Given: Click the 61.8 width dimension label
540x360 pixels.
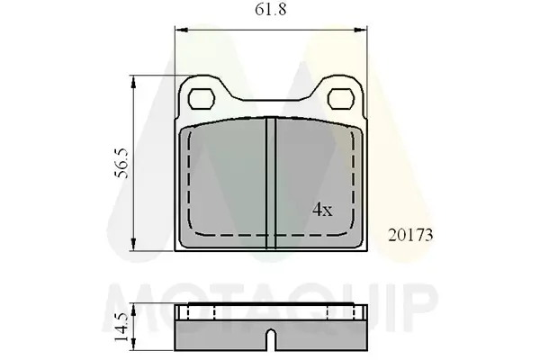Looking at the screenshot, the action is pos(270,10).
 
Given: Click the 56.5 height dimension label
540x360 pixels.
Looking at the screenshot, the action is pos(122,163).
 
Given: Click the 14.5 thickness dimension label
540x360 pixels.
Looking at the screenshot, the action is pos(121,327).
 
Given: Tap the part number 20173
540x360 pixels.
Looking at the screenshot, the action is pos(410,236).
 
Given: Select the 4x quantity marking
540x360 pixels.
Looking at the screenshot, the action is pos(322,210).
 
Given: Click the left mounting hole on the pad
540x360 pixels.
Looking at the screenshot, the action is pos(202,99).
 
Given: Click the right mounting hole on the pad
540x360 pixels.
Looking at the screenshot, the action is pos(341,99).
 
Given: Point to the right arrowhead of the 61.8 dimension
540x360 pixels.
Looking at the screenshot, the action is pos(361,30).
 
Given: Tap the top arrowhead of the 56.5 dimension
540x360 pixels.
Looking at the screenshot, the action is pos(133,82).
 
